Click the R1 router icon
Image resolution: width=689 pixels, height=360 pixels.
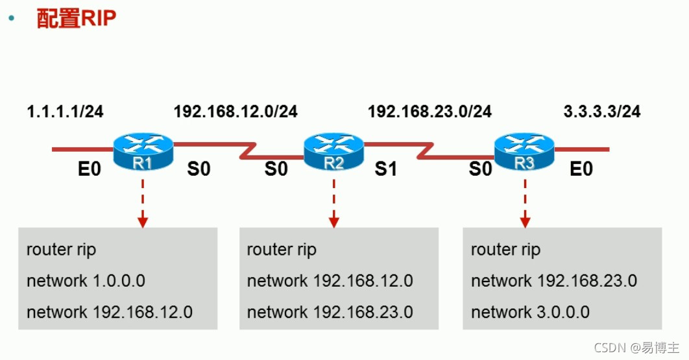(x=143, y=152)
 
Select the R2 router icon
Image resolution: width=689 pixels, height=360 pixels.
(x=333, y=152)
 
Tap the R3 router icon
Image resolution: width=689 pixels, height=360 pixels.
(x=524, y=152)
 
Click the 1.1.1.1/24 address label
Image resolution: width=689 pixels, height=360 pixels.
(x=65, y=112)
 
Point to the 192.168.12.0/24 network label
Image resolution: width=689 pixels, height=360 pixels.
(x=236, y=112)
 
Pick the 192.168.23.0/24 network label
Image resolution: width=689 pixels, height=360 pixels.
(x=429, y=112)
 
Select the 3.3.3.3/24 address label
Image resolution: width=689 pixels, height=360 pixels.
(x=602, y=112)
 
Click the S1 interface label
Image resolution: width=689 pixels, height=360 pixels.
(x=385, y=170)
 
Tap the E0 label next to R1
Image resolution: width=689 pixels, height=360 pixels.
(x=90, y=170)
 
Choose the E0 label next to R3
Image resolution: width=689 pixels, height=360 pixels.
(x=581, y=170)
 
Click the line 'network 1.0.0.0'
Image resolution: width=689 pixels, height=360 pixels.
(x=86, y=281)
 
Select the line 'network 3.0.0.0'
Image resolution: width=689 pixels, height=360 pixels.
(x=530, y=312)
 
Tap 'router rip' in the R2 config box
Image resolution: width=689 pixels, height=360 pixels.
(x=282, y=250)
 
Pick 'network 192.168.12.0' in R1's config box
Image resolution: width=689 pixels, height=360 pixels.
(x=110, y=312)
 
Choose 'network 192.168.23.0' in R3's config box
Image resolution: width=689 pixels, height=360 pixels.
(x=554, y=281)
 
